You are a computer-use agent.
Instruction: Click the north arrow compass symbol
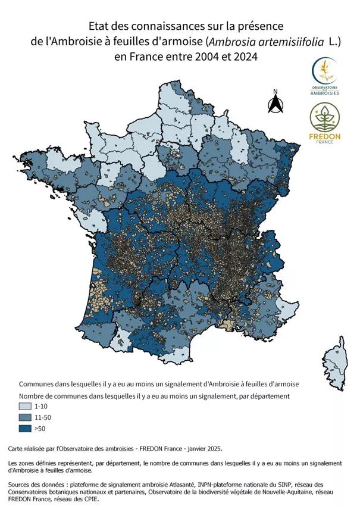pos(275,104)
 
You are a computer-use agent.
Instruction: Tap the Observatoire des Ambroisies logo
pos(325,76)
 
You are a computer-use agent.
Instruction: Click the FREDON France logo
pos(325,122)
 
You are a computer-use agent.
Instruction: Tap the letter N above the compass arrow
pos(275,92)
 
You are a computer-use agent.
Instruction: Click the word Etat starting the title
pos(99,26)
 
